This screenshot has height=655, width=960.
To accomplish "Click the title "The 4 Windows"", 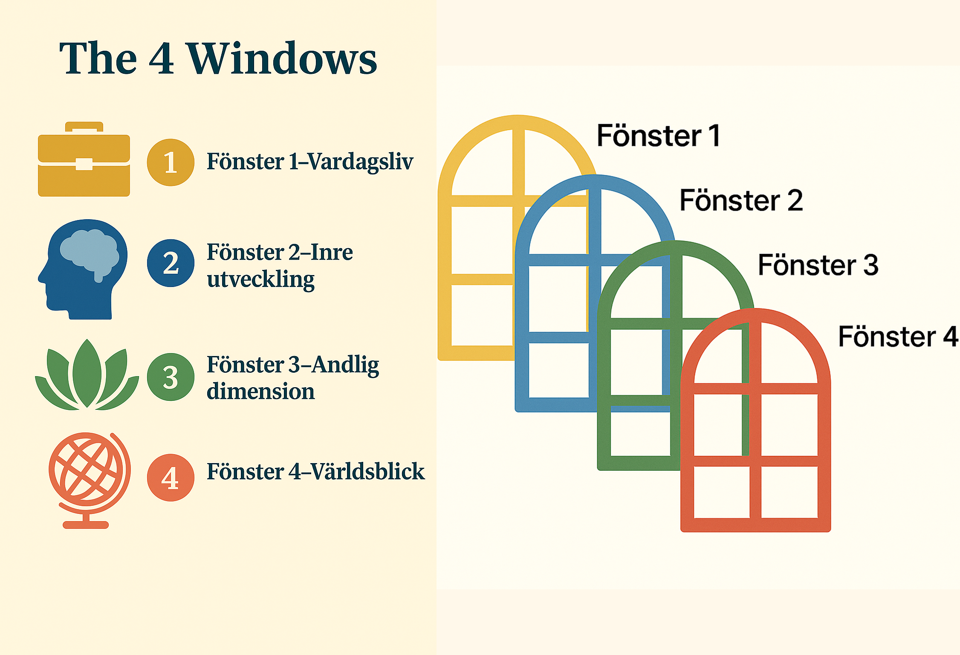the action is (x=218, y=58).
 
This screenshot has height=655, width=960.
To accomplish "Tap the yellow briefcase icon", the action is (x=84, y=159).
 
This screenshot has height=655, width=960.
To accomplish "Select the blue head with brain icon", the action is (x=83, y=270).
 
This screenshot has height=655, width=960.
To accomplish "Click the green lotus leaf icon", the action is (x=87, y=375).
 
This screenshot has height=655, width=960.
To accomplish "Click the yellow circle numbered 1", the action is (x=171, y=162).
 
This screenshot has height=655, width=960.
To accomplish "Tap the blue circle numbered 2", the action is (x=171, y=263).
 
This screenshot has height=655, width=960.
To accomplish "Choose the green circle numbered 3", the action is (x=171, y=377).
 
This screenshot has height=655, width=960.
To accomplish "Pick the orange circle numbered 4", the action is (x=171, y=478).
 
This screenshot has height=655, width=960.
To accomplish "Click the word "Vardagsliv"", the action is (x=360, y=162).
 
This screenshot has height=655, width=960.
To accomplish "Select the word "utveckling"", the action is (x=261, y=280).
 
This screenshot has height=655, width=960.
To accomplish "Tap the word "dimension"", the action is (x=261, y=391).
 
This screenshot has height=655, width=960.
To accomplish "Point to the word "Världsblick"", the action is (x=367, y=471).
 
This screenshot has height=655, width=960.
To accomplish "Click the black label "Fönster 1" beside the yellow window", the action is (x=659, y=136).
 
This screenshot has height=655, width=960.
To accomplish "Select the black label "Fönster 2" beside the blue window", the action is (x=741, y=200).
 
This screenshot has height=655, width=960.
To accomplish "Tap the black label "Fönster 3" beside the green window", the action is (x=818, y=265).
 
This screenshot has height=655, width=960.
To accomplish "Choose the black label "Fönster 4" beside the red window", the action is (x=899, y=336).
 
